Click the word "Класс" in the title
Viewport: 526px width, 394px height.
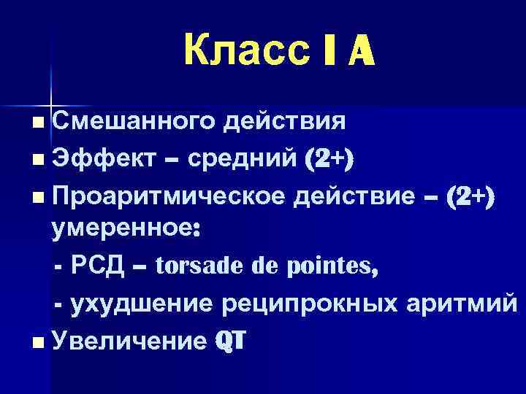235,51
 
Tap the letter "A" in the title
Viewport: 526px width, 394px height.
355,51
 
